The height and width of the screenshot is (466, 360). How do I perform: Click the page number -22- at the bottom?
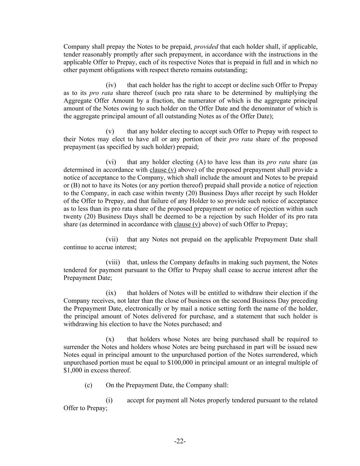(180, 441)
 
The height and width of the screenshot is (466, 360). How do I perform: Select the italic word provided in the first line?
(206, 46)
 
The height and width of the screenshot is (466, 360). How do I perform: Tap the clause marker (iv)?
(111, 85)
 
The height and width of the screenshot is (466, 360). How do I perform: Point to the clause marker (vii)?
(112, 239)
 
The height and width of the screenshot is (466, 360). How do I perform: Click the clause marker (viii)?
(113, 262)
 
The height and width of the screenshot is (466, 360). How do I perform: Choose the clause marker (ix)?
(111, 293)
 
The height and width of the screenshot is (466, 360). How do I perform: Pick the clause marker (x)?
(110, 339)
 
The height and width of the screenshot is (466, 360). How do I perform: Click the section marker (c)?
(88, 385)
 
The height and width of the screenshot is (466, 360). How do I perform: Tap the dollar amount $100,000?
(181, 362)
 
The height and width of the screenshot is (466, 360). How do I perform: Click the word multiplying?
(274, 93)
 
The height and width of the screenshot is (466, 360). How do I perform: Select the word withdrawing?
(81, 324)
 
